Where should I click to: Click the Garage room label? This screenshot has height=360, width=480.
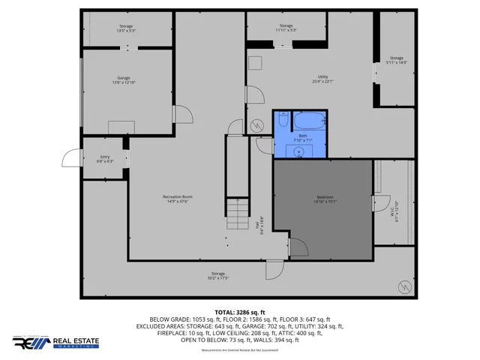click(124, 79)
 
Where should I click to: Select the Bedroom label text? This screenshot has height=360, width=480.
click(323, 199)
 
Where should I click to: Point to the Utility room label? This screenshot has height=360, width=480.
click(323, 79)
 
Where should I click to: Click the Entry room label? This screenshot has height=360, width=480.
click(105, 159)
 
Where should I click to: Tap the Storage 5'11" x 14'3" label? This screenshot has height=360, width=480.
click(395, 60)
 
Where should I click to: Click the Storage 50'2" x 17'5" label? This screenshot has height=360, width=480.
click(218, 276)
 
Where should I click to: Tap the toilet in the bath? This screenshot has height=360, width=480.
click(282, 120)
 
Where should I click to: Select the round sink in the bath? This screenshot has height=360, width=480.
click(299, 151)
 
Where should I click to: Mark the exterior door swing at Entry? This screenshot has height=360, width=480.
click(71, 158)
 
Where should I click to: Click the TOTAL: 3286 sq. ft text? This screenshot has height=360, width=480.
click(239, 311)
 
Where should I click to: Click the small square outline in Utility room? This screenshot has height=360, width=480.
click(255, 63)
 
